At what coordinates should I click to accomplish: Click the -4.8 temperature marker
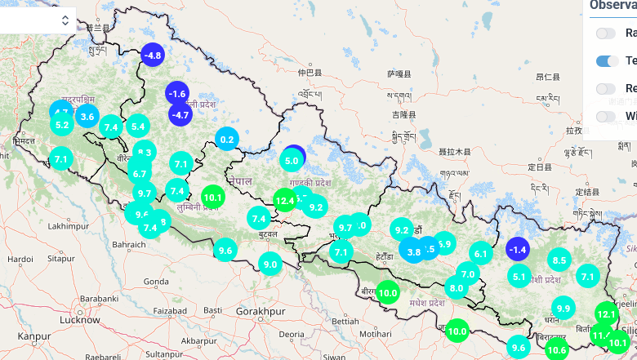tap(153, 55)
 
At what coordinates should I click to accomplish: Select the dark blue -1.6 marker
tap(177, 94)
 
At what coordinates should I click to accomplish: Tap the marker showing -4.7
tap(180, 115)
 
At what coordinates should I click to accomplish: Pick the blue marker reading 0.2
tap(227, 140)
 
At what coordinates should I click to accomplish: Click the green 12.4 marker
tap(284, 200)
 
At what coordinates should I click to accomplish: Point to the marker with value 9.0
tap(270, 264)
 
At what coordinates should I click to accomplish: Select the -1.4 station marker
tap(517, 249)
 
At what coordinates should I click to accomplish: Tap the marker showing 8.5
tap(559, 261)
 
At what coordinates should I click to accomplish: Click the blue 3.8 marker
tap(412, 252)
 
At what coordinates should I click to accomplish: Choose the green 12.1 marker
tap(606, 313)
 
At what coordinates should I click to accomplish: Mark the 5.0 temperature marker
tap(292, 160)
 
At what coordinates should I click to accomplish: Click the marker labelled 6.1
tap(480, 254)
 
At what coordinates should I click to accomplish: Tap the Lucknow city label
tap(79, 321)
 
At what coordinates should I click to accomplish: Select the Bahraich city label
tap(129, 244)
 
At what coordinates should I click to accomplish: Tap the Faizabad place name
tap(170, 311)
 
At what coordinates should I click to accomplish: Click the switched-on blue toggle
tap(608, 60)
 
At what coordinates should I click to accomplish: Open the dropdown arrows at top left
tap(65, 20)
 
